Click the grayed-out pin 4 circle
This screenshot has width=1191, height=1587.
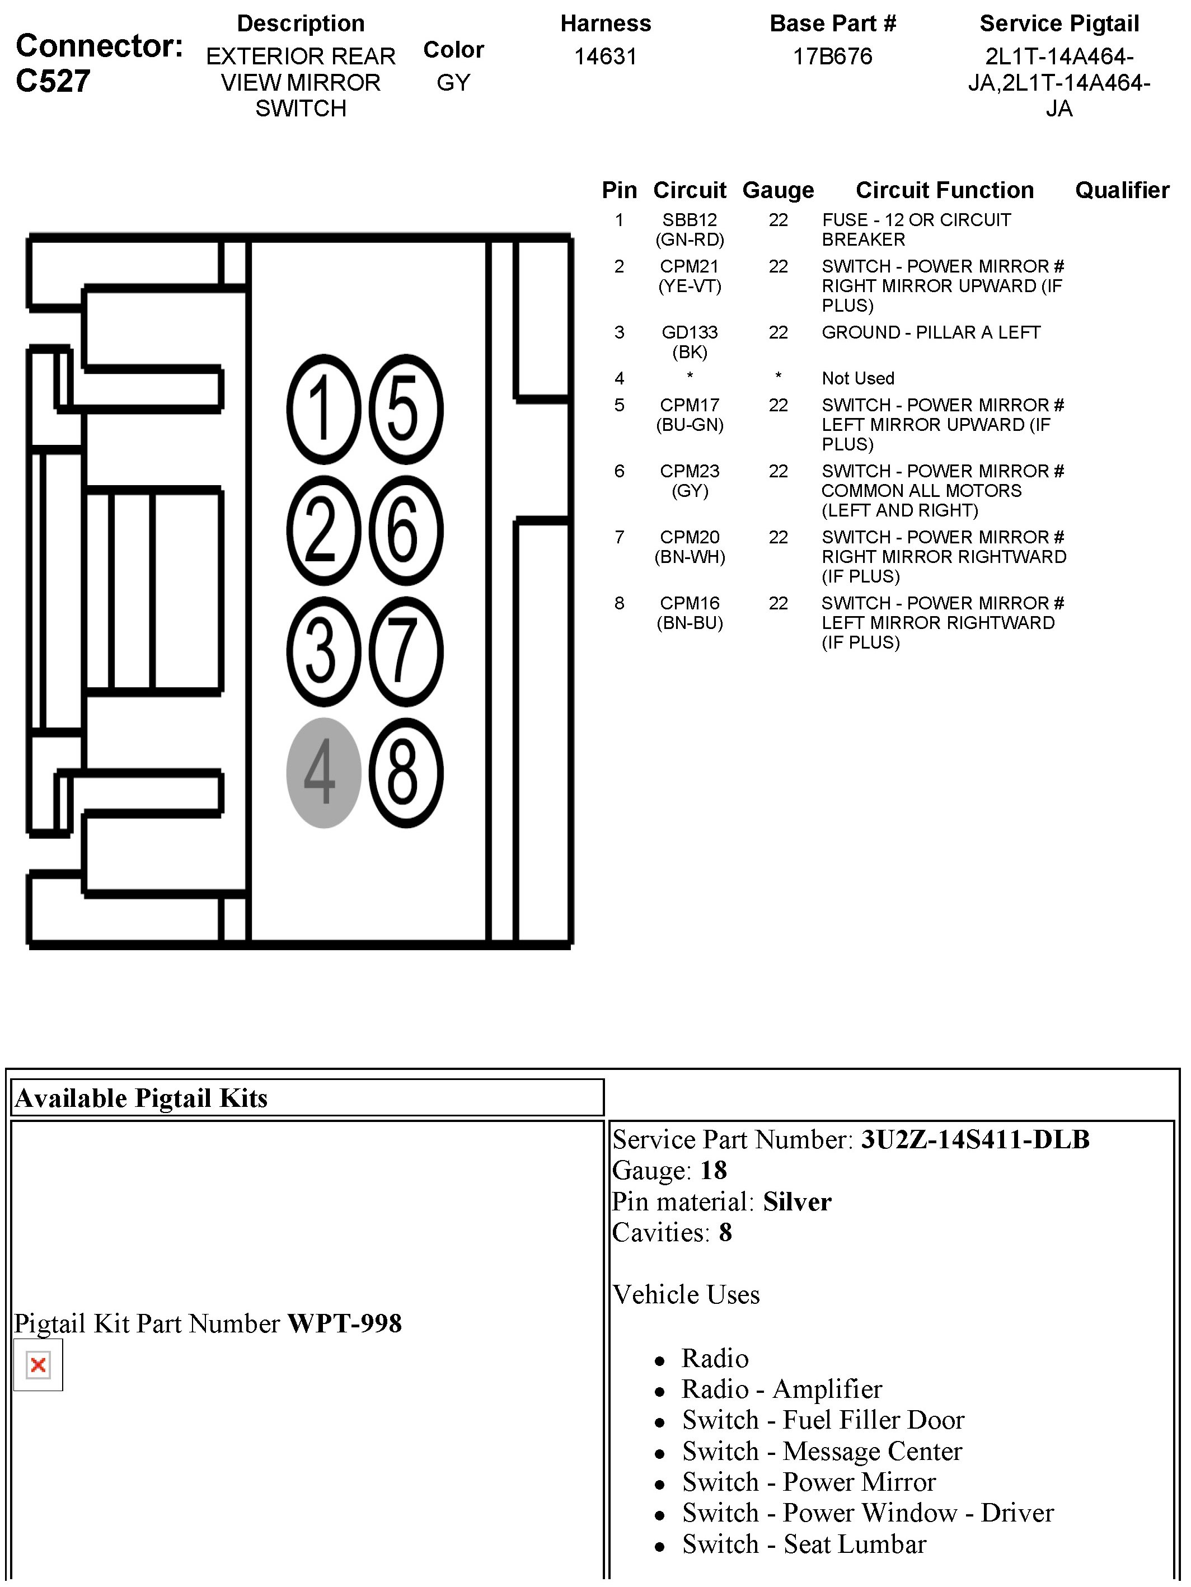click(x=323, y=773)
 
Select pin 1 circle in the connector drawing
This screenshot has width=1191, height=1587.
click(x=323, y=410)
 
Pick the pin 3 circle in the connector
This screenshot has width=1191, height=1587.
click(x=323, y=651)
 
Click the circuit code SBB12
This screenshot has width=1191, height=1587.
click(x=690, y=220)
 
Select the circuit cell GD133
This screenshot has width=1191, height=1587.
click(x=690, y=332)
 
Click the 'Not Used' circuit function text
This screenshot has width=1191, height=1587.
click(x=857, y=378)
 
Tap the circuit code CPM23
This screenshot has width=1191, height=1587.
click(x=690, y=471)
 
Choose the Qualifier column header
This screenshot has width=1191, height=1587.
click(x=1122, y=190)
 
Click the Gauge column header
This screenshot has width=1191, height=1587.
click(x=778, y=190)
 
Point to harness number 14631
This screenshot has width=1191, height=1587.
click(x=606, y=57)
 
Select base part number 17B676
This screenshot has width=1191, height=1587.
click(x=832, y=57)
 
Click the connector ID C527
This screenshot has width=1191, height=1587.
click(x=53, y=81)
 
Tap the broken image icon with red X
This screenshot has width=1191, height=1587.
click(x=38, y=1365)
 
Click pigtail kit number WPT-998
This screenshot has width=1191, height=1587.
click(x=344, y=1323)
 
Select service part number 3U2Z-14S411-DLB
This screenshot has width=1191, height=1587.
click(x=974, y=1139)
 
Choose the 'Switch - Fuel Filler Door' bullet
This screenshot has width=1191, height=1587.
click(x=823, y=1420)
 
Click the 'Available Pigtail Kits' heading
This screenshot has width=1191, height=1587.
click(x=142, y=1098)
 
